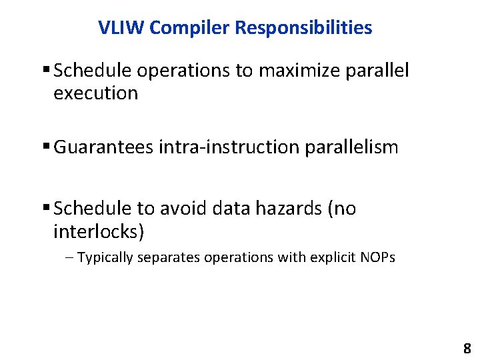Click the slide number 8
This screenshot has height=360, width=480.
[467, 348]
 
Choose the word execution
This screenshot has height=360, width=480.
[95, 93]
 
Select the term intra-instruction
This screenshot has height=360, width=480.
[229, 147]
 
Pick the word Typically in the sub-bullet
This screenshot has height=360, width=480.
[105, 257]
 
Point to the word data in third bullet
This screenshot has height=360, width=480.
[228, 209]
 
